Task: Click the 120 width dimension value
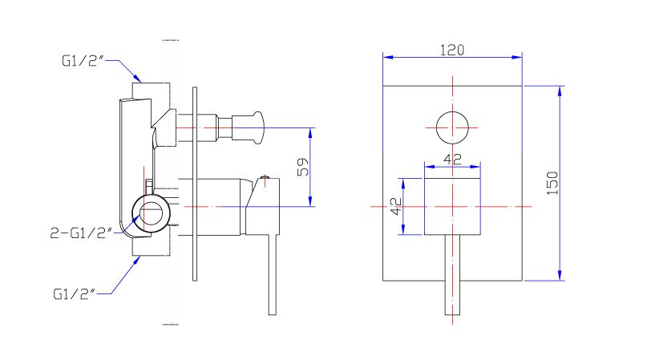click(452, 49)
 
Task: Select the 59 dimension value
click(302, 168)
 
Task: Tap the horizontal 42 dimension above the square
click(452, 159)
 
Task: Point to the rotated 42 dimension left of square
click(395, 206)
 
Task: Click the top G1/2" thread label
click(82, 61)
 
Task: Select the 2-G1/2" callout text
click(79, 233)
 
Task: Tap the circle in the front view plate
click(452, 128)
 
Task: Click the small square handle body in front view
click(452, 206)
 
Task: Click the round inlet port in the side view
click(151, 214)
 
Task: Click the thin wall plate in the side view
click(194, 184)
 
